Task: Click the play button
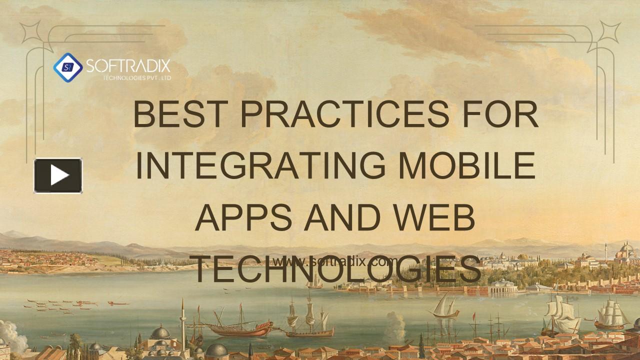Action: click(58, 175)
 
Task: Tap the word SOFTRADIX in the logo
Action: click(128, 66)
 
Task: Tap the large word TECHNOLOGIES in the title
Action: click(336, 269)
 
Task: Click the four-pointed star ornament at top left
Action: click(30, 32)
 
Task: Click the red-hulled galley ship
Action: click(240, 327)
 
